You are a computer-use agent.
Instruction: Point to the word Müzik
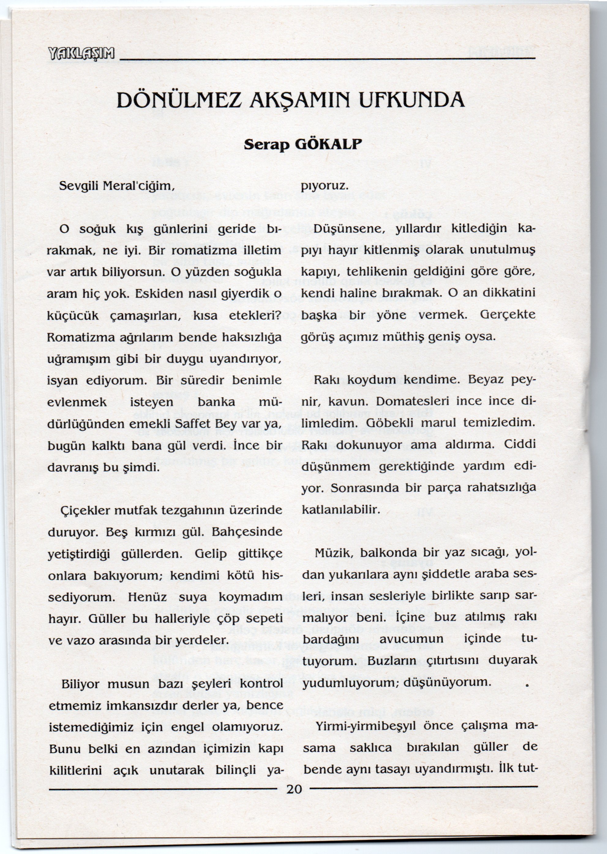pos(333,553)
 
